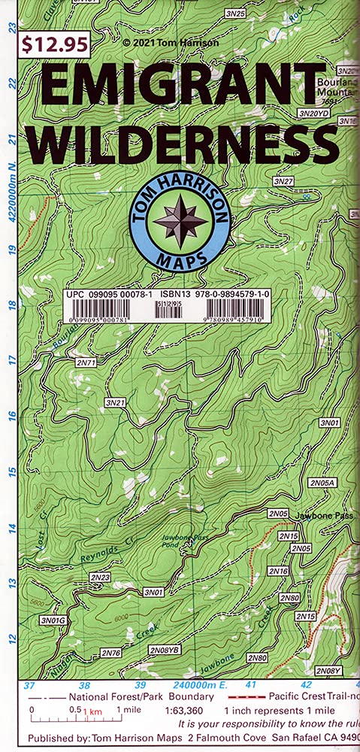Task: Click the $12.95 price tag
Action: [54, 44]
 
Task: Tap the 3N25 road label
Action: [235, 14]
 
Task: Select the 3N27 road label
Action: [283, 182]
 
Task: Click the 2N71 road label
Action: [86, 362]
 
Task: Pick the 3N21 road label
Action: [115, 404]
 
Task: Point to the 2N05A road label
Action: [323, 482]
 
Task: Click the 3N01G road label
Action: [53, 620]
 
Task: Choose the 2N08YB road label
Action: [164, 649]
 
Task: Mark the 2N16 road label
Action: [279, 572]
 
